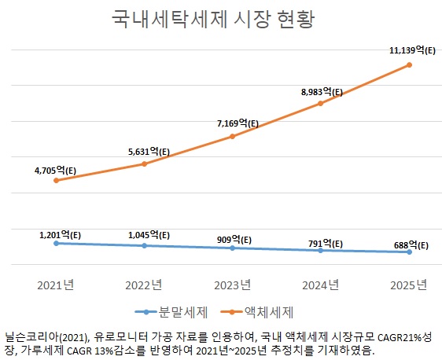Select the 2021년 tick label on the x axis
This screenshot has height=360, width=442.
click(56, 285)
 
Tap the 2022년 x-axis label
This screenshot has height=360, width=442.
click(144, 285)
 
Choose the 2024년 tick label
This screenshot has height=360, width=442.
click(320, 285)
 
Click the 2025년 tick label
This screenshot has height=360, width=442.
click(409, 285)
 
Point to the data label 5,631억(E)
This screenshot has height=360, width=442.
click(144, 152)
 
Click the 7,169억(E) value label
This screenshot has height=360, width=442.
click(233, 123)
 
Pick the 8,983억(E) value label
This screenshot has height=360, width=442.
click(322, 91)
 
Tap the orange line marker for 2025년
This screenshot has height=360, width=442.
click(409, 64)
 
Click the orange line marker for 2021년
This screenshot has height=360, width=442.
click(56, 181)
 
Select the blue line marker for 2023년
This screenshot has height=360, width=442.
click(232, 248)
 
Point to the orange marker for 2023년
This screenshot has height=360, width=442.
click(232, 136)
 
